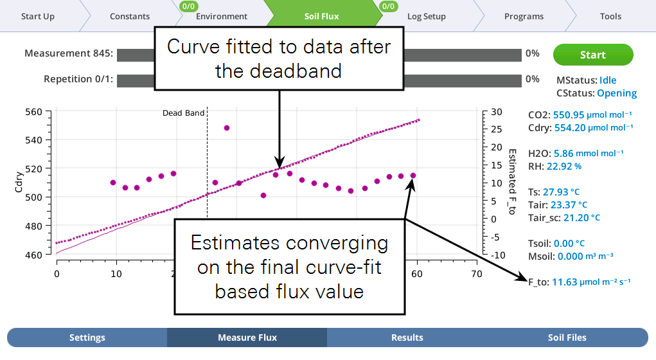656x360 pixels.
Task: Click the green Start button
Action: tap(593, 55)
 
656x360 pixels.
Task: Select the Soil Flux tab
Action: tap(321, 16)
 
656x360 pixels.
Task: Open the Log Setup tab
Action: tap(427, 16)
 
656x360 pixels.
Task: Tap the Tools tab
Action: tap(610, 16)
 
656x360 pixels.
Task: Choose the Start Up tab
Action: tap(38, 16)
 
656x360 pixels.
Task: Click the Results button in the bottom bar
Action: tap(407, 337)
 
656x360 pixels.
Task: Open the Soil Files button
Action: tap(567, 337)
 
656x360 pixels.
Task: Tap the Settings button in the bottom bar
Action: tap(87, 337)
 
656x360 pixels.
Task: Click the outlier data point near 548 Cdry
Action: tap(227, 128)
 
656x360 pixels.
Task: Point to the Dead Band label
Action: tap(183, 113)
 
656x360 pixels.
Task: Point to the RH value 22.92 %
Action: tap(564, 166)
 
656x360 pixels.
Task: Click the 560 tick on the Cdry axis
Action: tap(33, 112)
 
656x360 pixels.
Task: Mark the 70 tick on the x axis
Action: tap(477, 274)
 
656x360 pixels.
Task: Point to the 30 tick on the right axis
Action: tap(497, 112)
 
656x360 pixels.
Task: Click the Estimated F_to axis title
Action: tap(512, 182)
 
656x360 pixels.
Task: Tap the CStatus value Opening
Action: tap(617, 93)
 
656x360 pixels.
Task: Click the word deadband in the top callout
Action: tap(296, 71)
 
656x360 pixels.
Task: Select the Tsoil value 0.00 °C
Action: tap(569, 243)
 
